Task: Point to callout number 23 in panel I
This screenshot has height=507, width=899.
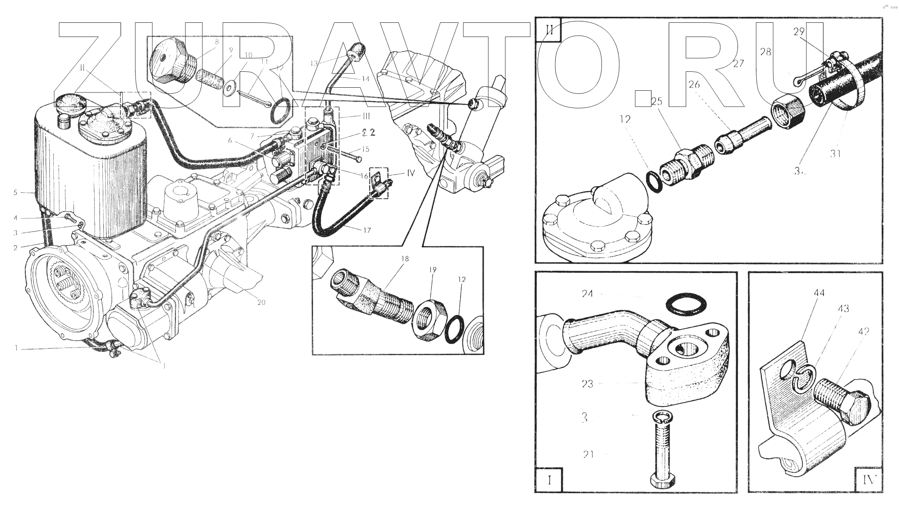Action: click(x=587, y=384)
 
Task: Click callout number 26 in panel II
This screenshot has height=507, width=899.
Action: click(x=694, y=85)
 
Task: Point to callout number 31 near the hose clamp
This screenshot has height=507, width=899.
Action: click(x=835, y=153)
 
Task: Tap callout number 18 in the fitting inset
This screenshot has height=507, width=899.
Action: click(x=405, y=259)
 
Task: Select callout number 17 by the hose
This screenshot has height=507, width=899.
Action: click(x=367, y=230)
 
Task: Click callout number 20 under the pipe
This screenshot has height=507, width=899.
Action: click(x=261, y=302)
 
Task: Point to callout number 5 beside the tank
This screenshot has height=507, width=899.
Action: click(x=15, y=192)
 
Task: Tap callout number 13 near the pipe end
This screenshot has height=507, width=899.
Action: click(x=314, y=63)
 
